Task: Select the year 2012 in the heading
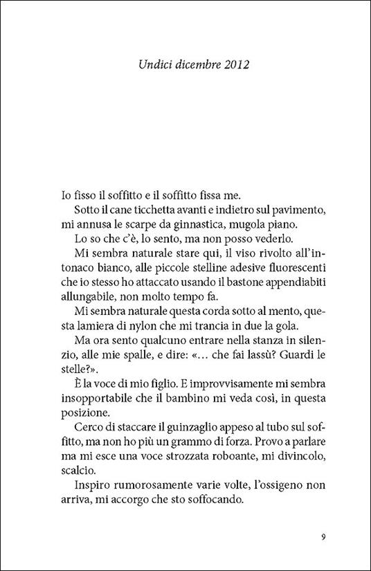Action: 233,66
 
